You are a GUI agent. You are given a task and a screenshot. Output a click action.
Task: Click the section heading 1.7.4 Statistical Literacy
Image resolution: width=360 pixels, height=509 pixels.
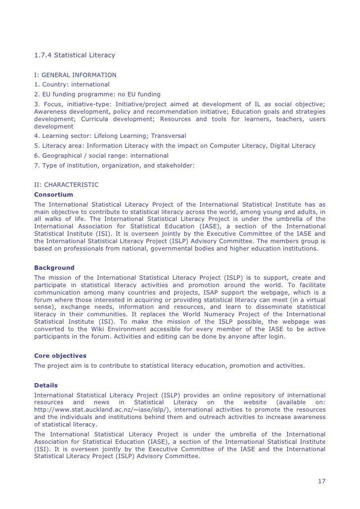coord(74,55)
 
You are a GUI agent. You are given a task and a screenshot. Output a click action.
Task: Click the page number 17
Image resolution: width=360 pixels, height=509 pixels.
coord(321,481)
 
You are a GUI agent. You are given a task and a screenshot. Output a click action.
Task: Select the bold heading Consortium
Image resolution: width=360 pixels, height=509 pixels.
coord(53,195)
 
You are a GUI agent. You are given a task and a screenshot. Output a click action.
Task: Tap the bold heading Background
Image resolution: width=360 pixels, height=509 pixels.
coord(54,268)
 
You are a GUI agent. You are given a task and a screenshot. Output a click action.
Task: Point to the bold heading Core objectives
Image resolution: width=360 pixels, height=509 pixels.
coord(60,355)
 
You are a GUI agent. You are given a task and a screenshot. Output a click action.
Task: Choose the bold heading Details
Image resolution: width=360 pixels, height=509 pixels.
coord(46,385)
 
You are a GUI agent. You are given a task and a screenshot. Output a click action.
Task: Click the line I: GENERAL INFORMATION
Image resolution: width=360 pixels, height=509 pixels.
coord(75,75)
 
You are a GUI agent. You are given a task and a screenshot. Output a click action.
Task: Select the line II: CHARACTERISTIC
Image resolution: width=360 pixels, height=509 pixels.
coord(66,185)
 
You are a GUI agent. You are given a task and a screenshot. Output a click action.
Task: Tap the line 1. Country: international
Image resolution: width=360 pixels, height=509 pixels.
coord(72,85)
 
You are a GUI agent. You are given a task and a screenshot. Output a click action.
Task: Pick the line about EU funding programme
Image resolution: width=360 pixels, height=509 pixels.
coord(97,94)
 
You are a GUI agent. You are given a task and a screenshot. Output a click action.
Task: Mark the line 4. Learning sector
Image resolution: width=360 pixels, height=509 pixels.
coord(111,136)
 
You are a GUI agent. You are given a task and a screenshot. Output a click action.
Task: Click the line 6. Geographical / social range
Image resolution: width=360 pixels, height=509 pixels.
coord(101,156)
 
